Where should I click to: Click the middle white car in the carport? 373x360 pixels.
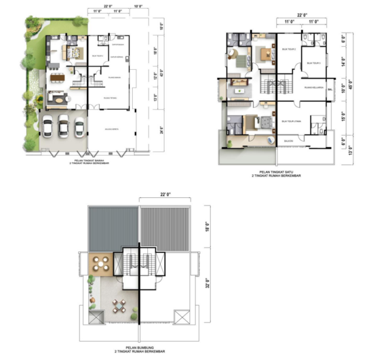[63, 126]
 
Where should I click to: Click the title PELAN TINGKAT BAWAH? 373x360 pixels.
[87, 161]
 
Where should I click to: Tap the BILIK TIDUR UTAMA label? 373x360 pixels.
[290, 121]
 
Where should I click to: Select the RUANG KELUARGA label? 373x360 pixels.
[313, 87]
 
